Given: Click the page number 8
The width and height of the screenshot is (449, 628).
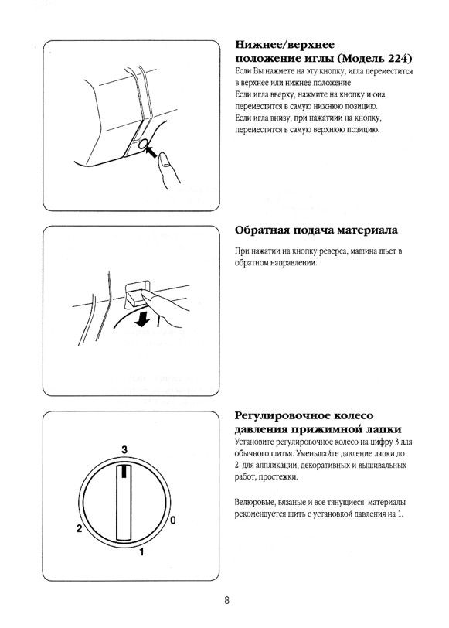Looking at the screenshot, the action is click(x=226, y=601).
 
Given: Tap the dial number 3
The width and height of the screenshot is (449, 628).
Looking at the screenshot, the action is click(x=124, y=450).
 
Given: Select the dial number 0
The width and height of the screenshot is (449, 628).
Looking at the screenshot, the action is click(x=173, y=520).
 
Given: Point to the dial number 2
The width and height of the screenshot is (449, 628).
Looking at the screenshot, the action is click(x=80, y=528).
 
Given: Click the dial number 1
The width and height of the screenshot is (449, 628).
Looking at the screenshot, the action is click(x=141, y=552).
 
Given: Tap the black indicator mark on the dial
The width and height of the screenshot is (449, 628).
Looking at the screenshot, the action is click(x=124, y=471).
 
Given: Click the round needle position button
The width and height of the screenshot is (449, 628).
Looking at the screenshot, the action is click(x=143, y=145).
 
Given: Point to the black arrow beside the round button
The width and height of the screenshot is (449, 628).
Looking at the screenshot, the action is click(x=152, y=152).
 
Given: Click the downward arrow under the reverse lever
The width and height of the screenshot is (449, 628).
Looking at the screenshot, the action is click(x=142, y=319).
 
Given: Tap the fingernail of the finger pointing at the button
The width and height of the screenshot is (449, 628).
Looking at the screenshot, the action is click(x=164, y=160).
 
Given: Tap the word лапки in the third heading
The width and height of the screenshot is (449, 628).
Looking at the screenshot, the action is click(x=384, y=429).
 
